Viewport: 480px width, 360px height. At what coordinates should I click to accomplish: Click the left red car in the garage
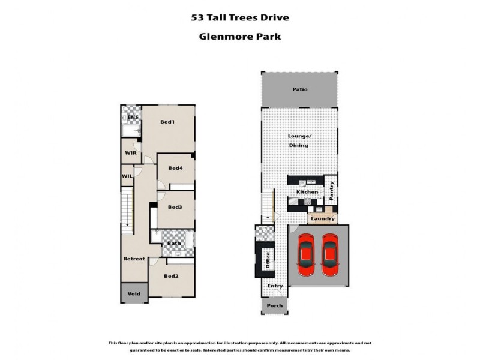point(307,255)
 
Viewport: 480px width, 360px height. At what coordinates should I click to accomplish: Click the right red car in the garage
point(329,255)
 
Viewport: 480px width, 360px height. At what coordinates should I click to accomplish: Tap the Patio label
point(299,89)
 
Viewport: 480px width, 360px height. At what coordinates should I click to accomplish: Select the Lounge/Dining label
point(298,140)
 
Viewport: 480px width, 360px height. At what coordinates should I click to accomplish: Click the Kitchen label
point(307,192)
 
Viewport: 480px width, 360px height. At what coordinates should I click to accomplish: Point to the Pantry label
point(331,191)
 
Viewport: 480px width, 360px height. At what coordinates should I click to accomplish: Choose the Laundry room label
point(323,218)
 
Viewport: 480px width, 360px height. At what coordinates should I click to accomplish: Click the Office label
point(268,259)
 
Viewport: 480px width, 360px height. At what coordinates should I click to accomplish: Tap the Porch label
point(274,305)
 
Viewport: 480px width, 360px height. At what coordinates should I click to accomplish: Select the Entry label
point(275,286)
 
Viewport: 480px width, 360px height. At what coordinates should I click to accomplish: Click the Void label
point(134,293)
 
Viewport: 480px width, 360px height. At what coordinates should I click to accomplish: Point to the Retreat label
point(134,259)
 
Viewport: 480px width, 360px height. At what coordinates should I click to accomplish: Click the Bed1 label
point(167,122)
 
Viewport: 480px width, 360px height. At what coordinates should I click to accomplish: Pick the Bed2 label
point(171,276)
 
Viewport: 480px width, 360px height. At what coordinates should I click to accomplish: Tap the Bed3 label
point(175,207)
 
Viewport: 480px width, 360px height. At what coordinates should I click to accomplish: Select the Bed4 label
point(175,168)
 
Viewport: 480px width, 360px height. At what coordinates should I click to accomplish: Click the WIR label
point(130,153)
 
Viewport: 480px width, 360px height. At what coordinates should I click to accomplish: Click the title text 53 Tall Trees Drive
point(239,17)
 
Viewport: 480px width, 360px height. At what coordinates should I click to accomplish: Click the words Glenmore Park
point(239,36)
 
